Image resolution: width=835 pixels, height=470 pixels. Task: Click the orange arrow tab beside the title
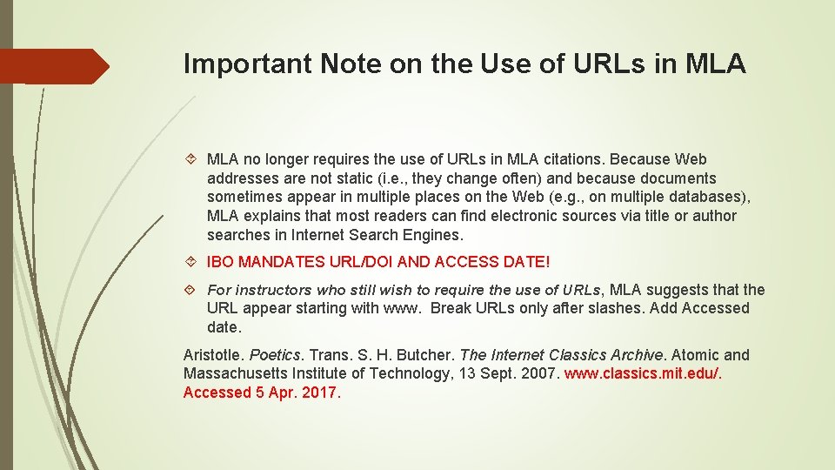(x=54, y=66)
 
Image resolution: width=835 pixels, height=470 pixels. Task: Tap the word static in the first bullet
(x=337, y=178)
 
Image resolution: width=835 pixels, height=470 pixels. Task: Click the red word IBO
(x=220, y=262)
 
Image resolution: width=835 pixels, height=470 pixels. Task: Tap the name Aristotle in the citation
(x=213, y=355)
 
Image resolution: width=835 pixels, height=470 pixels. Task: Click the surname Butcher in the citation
(x=424, y=355)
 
